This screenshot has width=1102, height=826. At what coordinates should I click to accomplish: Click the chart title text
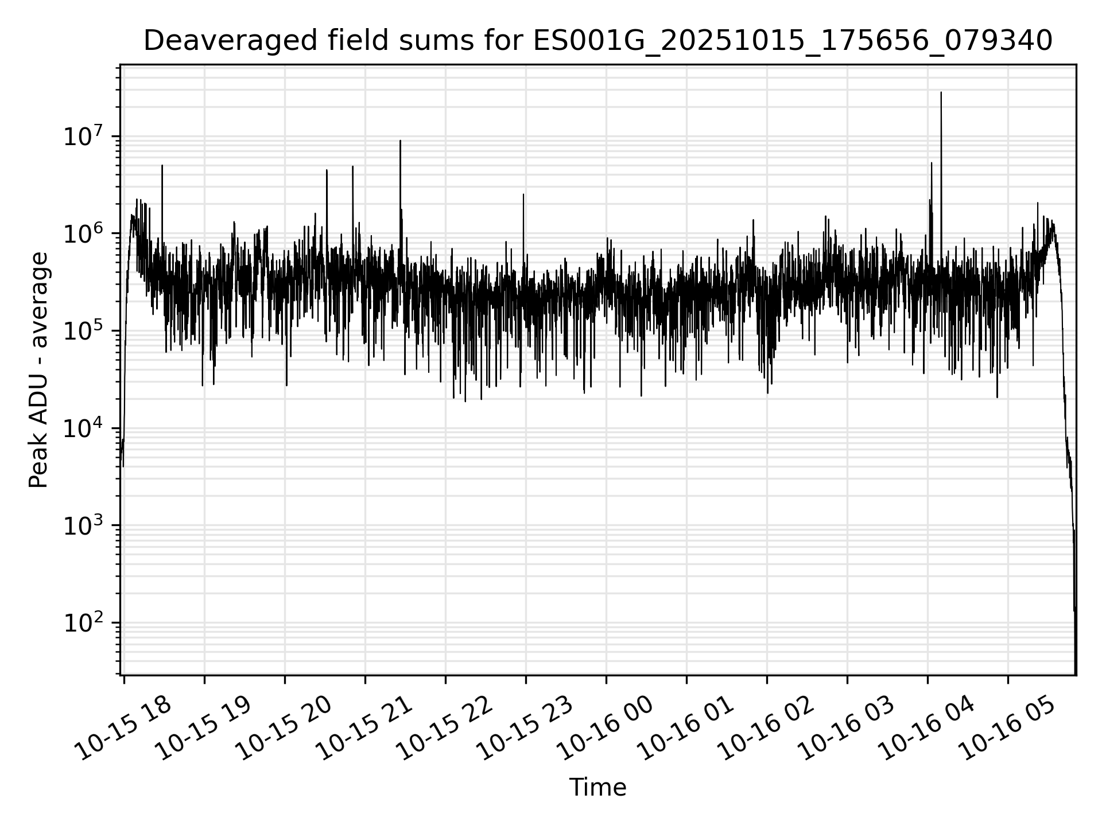tap(597, 41)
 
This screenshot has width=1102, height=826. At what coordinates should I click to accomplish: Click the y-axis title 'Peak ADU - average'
tap(39, 370)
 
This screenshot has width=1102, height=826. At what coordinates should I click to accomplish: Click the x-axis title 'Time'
tap(597, 788)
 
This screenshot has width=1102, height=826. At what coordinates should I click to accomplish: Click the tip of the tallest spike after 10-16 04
tap(941, 92)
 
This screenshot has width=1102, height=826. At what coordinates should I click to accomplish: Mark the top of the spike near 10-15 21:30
tap(400, 141)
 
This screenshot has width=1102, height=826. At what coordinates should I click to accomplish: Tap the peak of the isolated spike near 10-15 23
tap(523, 194)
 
